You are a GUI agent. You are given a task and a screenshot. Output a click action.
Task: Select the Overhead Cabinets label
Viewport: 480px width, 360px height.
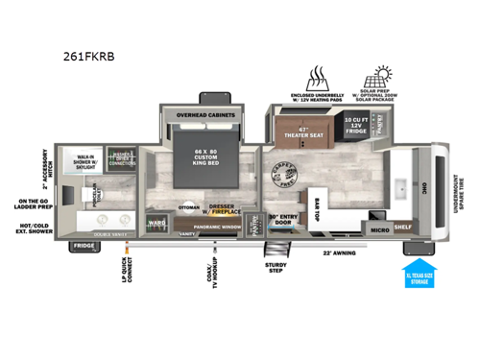(206, 114)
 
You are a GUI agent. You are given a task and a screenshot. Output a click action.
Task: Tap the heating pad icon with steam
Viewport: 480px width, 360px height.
(317, 77)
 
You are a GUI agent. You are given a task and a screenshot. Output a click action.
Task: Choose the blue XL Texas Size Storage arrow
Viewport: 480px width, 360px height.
(420, 273)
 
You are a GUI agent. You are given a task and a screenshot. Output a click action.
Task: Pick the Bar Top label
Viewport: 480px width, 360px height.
(317, 209)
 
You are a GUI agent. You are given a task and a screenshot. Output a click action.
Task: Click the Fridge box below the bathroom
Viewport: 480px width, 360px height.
(84, 246)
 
